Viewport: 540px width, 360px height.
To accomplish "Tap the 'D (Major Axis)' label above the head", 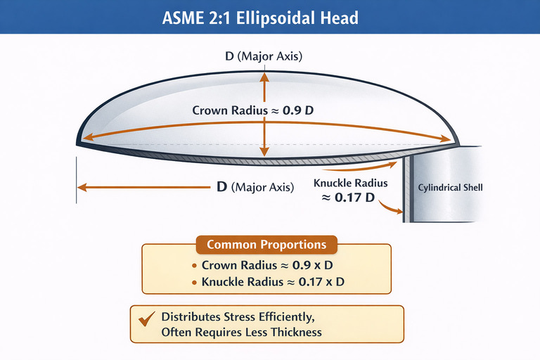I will [264, 56].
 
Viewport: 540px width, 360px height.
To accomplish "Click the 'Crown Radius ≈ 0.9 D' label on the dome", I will [264, 110].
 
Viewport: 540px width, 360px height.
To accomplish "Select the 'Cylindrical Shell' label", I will [450, 188].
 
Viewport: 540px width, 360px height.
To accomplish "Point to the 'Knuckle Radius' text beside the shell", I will [350, 184].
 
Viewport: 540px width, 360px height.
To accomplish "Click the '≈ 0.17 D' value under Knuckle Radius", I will [349, 198].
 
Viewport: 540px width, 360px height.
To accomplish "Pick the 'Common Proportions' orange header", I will [266, 245].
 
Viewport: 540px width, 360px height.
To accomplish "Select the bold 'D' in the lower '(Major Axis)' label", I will [221, 188].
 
